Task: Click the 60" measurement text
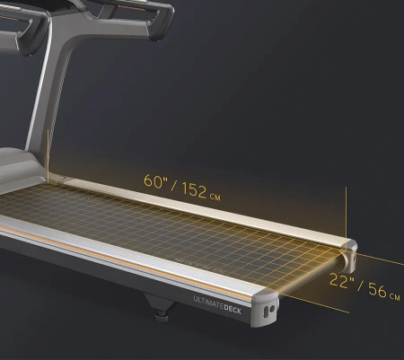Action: (154, 181)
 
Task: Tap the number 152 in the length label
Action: (194, 190)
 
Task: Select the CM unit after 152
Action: (215, 197)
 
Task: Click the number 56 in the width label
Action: (377, 290)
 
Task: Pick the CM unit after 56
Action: (395, 296)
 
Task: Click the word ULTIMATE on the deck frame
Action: (208, 303)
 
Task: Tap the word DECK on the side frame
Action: (233, 309)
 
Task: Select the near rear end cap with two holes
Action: (265, 308)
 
